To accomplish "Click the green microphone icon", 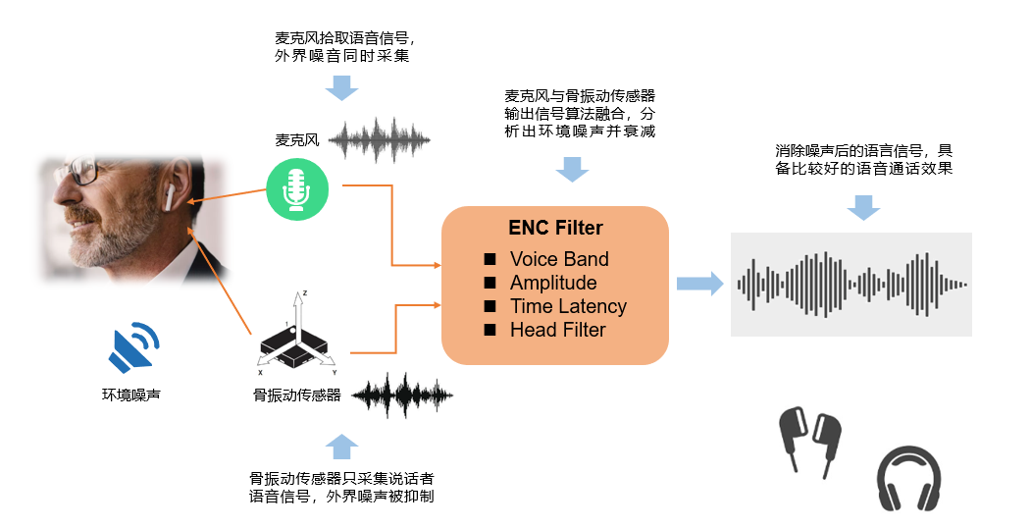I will click(297, 189).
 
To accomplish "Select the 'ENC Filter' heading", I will click(555, 228).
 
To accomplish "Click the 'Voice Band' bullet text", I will click(559, 259).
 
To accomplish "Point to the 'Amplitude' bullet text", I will click(552, 283).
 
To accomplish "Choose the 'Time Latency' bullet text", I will click(568, 306).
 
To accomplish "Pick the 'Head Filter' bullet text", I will click(557, 330).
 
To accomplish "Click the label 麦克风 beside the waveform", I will click(297, 139).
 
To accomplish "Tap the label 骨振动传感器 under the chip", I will click(297, 395).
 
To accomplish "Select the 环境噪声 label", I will click(131, 395).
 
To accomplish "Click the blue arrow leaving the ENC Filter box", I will click(698, 284).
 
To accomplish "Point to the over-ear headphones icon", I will click(909, 477).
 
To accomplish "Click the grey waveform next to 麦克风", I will click(380, 141).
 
